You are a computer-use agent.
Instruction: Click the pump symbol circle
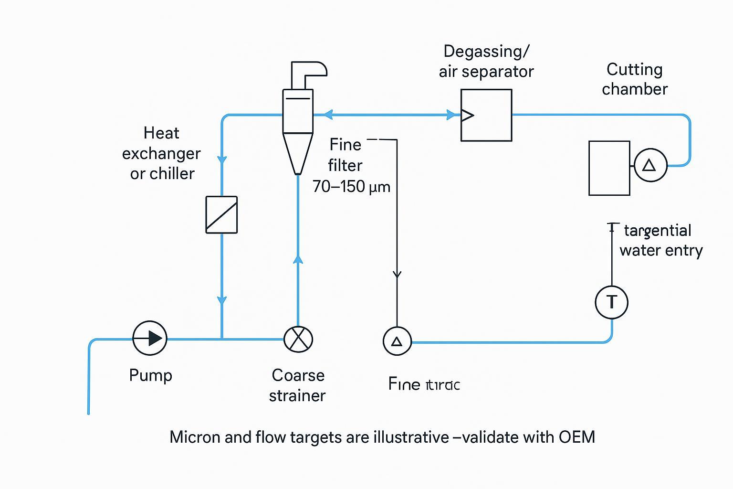tap(150, 338)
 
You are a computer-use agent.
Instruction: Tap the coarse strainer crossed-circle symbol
tap(298, 339)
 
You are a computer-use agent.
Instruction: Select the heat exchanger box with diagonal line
tap(221, 215)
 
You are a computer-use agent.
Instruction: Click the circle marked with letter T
tap(611, 302)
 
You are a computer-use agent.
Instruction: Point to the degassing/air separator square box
tap(486, 115)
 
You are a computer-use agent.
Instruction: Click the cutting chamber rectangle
tap(609, 168)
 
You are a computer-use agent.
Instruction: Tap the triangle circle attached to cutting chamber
tap(650, 165)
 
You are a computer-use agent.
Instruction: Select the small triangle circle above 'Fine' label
tap(397, 341)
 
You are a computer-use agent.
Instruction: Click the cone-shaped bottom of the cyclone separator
tap(298, 153)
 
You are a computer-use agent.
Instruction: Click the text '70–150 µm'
tap(351, 186)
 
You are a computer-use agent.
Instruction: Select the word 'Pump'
tap(150, 375)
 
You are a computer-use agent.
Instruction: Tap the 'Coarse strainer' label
tap(297, 385)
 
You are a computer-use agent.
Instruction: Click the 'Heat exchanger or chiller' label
tap(161, 153)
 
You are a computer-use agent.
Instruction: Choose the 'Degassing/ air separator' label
tap(486, 61)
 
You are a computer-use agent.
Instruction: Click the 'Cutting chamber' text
tap(634, 79)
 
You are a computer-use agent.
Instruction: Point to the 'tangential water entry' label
tap(660, 240)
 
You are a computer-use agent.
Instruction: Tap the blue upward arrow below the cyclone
tap(298, 259)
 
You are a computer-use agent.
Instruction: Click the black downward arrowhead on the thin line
tap(397, 274)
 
